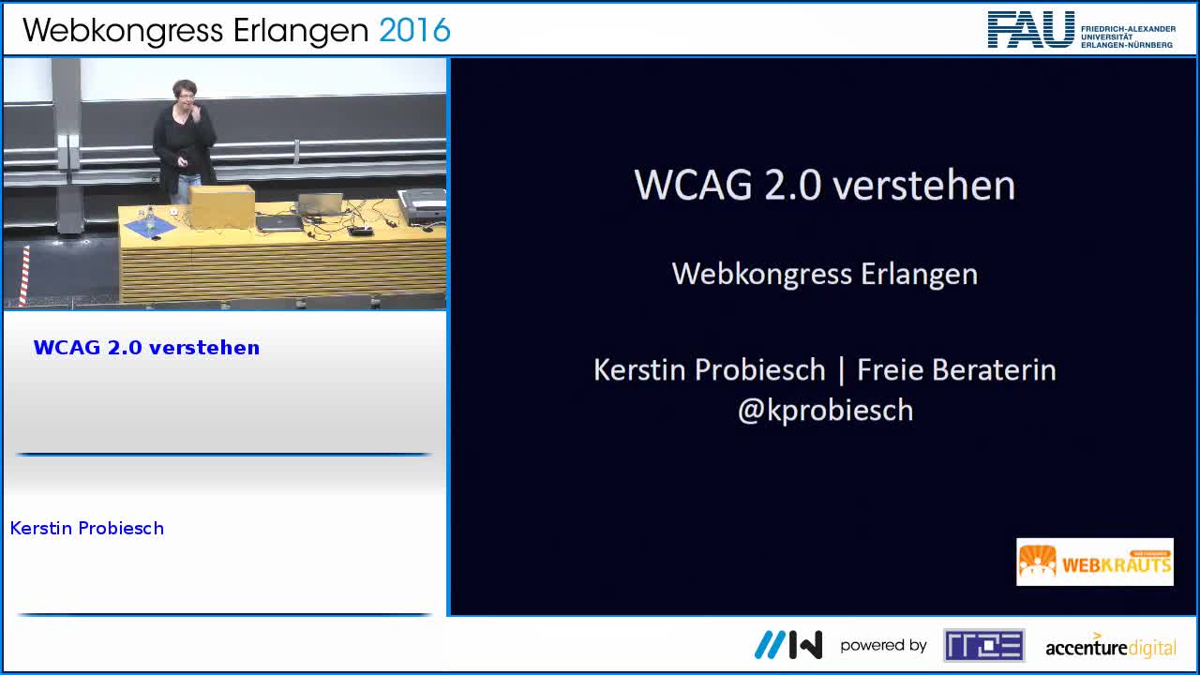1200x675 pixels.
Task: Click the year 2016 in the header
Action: pyautogui.click(x=414, y=30)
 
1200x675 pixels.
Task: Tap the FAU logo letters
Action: pyautogui.click(x=1031, y=30)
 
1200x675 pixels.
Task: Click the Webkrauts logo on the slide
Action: pyautogui.click(x=1094, y=562)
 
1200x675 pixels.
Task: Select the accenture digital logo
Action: pyautogui.click(x=1110, y=646)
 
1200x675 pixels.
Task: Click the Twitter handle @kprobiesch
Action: pyautogui.click(x=825, y=411)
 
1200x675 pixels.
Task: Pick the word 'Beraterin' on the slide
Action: pyautogui.click(x=1002, y=369)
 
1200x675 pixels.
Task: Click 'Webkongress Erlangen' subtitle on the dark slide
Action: pyautogui.click(x=825, y=274)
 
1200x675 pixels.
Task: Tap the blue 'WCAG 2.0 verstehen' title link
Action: pyautogui.click(x=146, y=348)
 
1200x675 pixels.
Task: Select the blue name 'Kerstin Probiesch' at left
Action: pyautogui.click(x=87, y=529)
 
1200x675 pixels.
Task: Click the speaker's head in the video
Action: pyautogui.click(x=184, y=94)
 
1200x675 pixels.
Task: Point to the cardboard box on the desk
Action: pyautogui.click(x=222, y=204)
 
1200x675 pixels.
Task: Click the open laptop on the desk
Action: pyautogui.click(x=321, y=205)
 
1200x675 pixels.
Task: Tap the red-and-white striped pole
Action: pyautogui.click(x=24, y=275)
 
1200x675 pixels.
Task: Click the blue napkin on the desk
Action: pyautogui.click(x=150, y=225)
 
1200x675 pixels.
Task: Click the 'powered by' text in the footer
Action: pyautogui.click(x=883, y=645)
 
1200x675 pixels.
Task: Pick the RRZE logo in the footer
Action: pyautogui.click(x=983, y=645)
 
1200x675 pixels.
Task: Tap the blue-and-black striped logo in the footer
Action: pyautogui.click(x=788, y=645)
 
